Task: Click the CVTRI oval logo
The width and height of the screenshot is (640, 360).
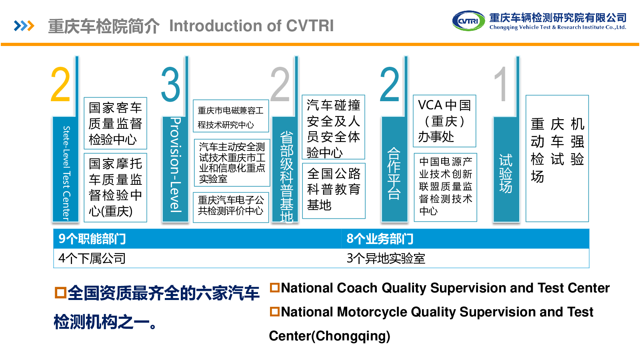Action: [468, 21]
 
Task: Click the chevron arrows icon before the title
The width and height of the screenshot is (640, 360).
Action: [24, 26]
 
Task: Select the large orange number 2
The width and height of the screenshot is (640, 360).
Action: [60, 84]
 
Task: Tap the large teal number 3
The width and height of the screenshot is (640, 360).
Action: [170, 84]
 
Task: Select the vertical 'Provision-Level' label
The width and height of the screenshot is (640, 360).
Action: [176, 165]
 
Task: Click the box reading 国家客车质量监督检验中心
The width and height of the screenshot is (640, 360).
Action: [116, 124]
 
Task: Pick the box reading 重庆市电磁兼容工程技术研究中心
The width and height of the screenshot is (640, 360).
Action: [231, 116]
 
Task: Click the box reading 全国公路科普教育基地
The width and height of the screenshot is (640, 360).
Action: [334, 191]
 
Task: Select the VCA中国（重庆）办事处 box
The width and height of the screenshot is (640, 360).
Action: [444, 121]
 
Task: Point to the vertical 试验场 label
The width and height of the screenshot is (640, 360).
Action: [506, 174]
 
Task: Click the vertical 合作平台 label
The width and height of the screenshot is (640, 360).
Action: [394, 174]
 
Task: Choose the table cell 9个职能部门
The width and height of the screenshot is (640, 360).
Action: [198, 238]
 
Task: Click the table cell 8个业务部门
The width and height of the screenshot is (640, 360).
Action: [465, 238]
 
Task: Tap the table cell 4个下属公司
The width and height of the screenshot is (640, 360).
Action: [198, 258]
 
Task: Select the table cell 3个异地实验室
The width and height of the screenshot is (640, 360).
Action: [465, 258]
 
